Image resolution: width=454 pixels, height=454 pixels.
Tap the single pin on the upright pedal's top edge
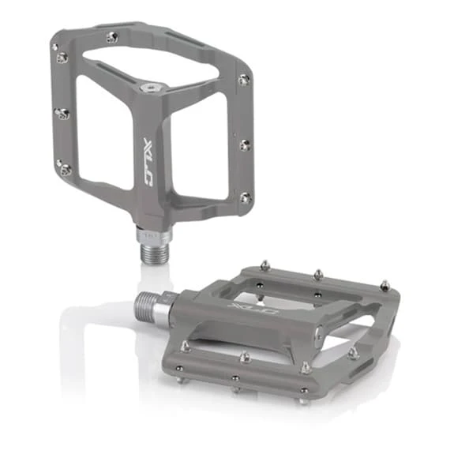[113, 36]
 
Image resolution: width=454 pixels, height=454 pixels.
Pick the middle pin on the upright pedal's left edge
[61, 114]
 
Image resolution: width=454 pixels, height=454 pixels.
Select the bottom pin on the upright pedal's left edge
[63, 167]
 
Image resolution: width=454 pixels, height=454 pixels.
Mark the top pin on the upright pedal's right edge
[243, 79]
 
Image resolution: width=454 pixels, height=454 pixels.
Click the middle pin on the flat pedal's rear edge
[317, 273]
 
